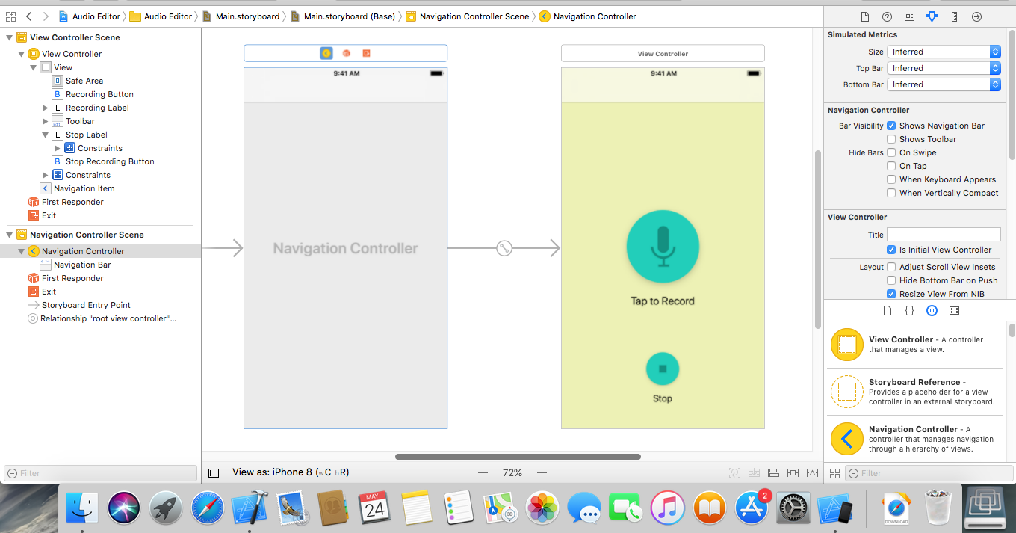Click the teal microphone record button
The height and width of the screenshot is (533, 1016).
click(663, 247)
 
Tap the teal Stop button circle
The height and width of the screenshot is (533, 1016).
click(663, 369)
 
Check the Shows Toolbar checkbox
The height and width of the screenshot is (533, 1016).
click(891, 139)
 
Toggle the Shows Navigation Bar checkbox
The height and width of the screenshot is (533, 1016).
click(891, 126)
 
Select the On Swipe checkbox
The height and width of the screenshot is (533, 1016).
click(891, 152)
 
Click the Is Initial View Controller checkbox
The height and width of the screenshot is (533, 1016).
click(891, 250)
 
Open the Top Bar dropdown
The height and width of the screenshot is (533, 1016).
click(944, 68)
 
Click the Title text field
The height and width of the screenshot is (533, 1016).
click(944, 235)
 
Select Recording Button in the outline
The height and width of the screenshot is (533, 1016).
click(99, 94)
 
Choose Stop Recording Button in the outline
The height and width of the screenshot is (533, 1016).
click(110, 161)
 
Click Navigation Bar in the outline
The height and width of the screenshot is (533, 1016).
click(82, 265)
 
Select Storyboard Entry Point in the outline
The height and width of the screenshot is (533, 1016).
click(86, 305)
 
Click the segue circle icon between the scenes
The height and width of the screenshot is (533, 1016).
click(504, 248)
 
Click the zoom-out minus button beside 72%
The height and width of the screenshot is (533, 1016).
click(483, 473)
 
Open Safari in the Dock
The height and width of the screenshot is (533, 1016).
click(207, 508)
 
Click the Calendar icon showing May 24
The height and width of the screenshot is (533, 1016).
click(375, 508)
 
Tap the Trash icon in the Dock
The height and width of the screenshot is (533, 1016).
click(938, 508)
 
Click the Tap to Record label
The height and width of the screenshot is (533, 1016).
click(663, 301)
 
